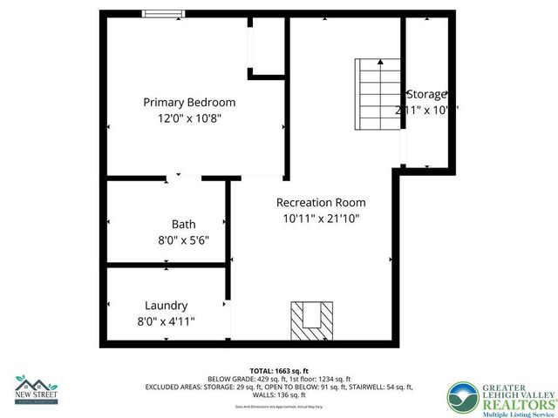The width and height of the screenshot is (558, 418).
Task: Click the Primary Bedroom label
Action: point(189,102)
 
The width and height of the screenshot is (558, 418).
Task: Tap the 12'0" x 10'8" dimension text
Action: point(189,118)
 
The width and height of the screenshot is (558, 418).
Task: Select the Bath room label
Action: point(183,224)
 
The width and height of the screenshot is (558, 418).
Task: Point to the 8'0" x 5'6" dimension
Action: point(183,240)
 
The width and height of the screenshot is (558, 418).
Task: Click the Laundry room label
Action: point(166,306)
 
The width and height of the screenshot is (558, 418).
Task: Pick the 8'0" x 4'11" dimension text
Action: point(166,321)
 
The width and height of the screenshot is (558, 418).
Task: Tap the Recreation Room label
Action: point(321,202)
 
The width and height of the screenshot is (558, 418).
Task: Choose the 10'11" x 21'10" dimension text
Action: point(321,219)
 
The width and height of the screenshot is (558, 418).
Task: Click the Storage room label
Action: point(426,94)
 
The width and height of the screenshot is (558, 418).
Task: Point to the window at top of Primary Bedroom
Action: point(164,13)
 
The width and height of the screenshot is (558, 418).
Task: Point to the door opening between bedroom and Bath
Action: point(184,179)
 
